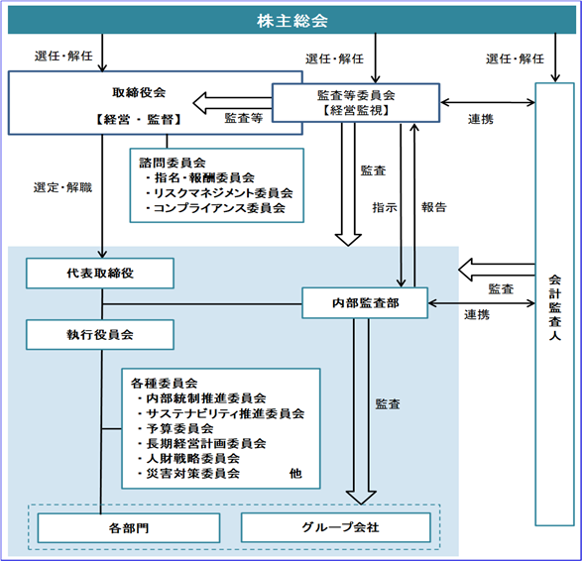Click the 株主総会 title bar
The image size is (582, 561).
[x=291, y=21]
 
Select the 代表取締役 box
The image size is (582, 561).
[x=100, y=274]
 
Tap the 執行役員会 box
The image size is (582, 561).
[x=100, y=335]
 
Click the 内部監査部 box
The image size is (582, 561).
[x=365, y=303]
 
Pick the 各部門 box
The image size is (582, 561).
[x=129, y=528]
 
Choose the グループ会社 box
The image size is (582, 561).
[x=336, y=527]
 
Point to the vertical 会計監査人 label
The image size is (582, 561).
[x=554, y=307]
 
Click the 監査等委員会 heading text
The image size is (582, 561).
[x=356, y=95]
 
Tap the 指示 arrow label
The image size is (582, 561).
[x=385, y=207]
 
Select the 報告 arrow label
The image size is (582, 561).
[x=434, y=207]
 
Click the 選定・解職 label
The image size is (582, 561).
[x=62, y=187]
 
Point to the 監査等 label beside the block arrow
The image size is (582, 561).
[x=244, y=118]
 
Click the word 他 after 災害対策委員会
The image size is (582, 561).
[x=295, y=474]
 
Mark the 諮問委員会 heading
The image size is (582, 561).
[x=173, y=163]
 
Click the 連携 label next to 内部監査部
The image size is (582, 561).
[x=477, y=315]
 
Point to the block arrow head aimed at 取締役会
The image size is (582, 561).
[x=199, y=103]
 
